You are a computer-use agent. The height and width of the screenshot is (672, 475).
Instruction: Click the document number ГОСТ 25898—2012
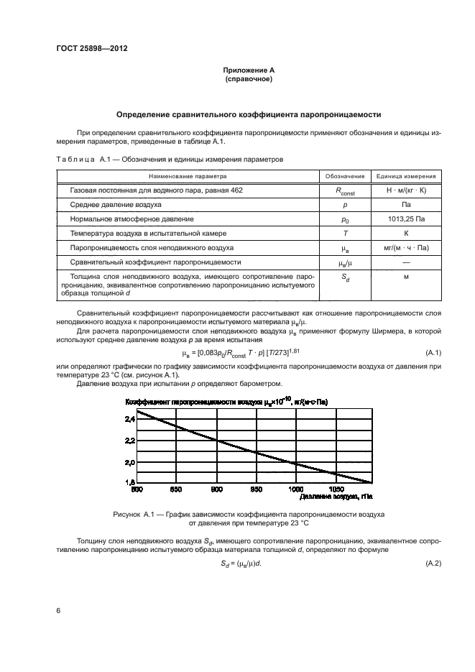[x=86, y=50]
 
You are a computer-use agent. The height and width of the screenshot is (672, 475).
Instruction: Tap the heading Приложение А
[x=249, y=70]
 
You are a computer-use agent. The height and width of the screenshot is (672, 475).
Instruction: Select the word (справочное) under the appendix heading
[x=249, y=78]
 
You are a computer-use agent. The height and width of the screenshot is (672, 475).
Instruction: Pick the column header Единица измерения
[x=406, y=175]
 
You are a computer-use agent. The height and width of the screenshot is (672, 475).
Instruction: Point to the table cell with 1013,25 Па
[x=406, y=218]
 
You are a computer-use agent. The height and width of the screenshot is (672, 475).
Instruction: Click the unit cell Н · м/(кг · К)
[x=406, y=190]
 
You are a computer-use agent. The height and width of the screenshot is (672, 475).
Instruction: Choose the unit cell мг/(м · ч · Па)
[x=406, y=247]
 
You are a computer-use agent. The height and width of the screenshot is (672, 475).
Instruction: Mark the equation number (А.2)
[x=433, y=563]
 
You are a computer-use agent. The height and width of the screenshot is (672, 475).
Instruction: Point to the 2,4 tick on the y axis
[x=129, y=418]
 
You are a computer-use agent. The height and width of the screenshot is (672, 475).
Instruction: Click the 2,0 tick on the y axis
[x=129, y=461]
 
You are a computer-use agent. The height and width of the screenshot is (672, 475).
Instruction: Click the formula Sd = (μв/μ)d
[x=241, y=563]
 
